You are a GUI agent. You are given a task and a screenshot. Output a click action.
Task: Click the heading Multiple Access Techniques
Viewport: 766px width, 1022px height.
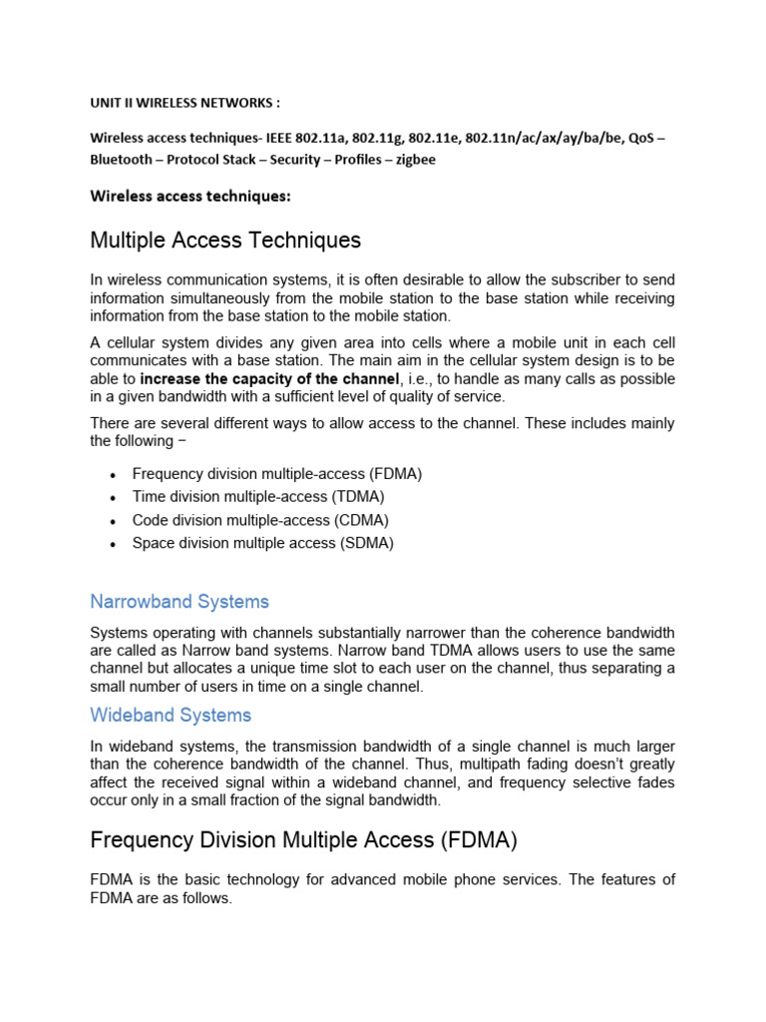click(x=225, y=241)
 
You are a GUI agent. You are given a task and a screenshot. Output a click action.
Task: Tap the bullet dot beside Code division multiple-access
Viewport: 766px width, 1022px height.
click(x=115, y=521)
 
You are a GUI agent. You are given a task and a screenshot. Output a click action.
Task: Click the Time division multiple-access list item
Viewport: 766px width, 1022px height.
click(x=258, y=496)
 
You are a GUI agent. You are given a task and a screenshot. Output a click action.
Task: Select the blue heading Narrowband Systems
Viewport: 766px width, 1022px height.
click(x=180, y=602)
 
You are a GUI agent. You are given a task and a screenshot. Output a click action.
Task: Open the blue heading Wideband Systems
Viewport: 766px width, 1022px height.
click(x=171, y=715)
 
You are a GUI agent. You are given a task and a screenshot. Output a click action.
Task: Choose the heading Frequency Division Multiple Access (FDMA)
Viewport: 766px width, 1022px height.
click(x=303, y=841)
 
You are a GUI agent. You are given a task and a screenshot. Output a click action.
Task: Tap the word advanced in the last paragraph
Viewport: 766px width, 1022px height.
click(x=404, y=879)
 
